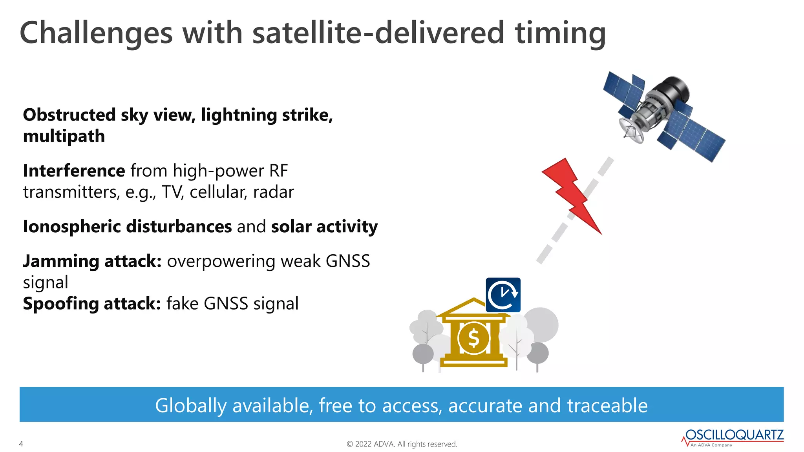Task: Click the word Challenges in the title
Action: pos(96,33)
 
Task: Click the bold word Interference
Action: pos(74,171)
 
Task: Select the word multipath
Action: pos(64,137)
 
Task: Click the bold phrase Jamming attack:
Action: pos(92,261)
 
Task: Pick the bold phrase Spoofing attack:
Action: pos(92,304)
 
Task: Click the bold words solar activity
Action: pos(324,227)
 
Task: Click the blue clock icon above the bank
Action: pos(503,295)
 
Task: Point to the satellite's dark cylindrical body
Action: pos(673,88)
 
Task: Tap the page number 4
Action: pos(21,444)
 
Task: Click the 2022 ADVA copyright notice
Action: pos(402,444)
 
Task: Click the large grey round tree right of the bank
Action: pos(541,324)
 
